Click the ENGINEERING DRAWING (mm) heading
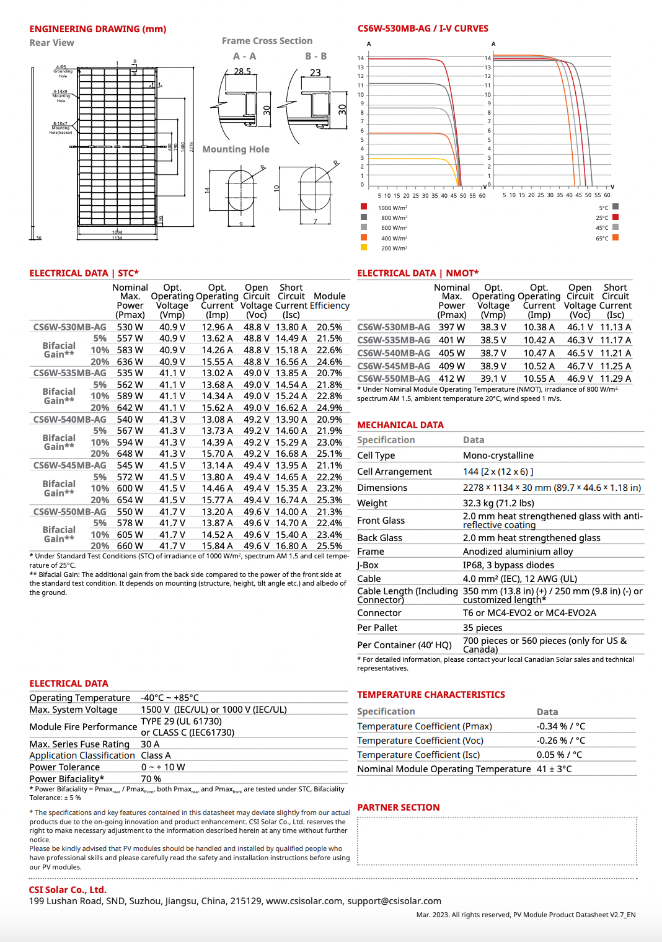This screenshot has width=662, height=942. (97, 29)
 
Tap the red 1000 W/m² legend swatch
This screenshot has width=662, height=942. (364, 207)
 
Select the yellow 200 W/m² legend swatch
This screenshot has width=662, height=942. (364, 247)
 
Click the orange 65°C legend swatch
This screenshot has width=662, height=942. (616, 237)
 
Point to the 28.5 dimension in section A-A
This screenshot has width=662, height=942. (242, 71)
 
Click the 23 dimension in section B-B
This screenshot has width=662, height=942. (315, 73)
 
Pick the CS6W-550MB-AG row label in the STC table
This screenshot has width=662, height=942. (69, 512)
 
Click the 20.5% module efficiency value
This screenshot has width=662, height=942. (329, 327)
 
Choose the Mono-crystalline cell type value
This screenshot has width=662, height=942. (498, 456)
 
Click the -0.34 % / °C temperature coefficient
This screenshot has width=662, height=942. (561, 726)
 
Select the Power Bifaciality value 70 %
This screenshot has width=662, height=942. (151, 779)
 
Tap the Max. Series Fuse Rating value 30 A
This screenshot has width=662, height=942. (150, 744)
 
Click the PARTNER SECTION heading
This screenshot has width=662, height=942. (398, 808)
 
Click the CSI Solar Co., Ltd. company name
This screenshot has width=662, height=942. (68, 890)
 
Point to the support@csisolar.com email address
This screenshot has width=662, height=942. (394, 901)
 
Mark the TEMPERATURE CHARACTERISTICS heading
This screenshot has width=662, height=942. (431, 695)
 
